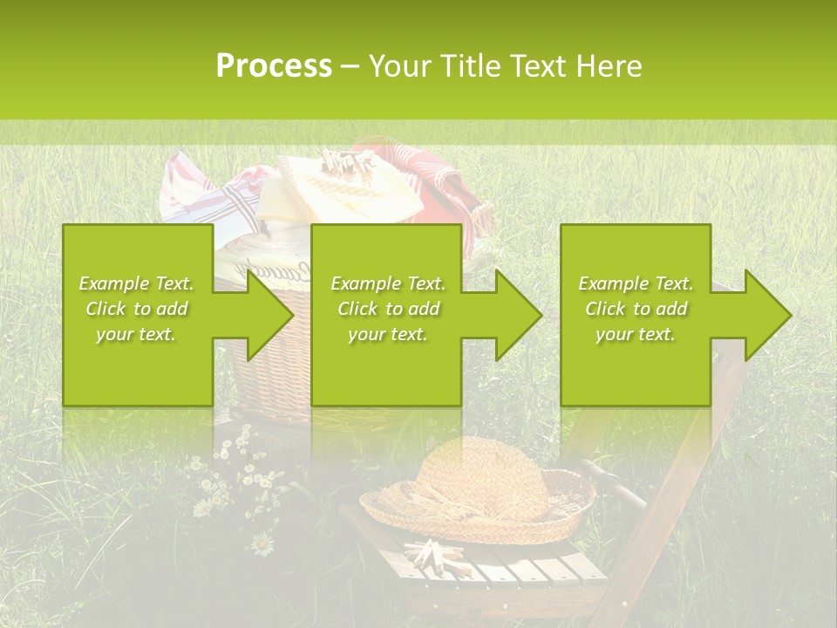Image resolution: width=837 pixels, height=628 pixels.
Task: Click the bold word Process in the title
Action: [x=274, y=66]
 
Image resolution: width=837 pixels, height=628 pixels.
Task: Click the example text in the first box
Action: [x=136, y=309]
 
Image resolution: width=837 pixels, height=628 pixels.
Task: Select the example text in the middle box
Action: [x=388, y=309]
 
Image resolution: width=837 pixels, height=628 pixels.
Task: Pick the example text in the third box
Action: [x=636, y=309]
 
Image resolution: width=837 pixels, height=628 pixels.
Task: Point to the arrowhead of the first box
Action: [x=270, y=315]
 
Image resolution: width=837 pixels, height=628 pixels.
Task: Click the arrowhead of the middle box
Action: [x=519, y=315]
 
